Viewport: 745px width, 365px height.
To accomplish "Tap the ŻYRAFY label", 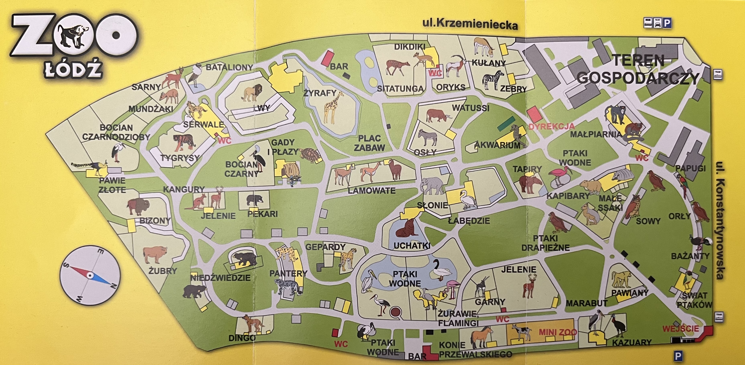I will click(320, 93).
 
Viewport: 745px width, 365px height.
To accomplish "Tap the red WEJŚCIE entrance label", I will click(680, 329).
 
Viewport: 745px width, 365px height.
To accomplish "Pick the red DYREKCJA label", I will click(551, 126).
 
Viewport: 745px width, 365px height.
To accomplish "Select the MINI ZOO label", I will click(558, 332).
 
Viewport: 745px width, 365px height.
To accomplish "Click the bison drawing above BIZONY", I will click(138, 206).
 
